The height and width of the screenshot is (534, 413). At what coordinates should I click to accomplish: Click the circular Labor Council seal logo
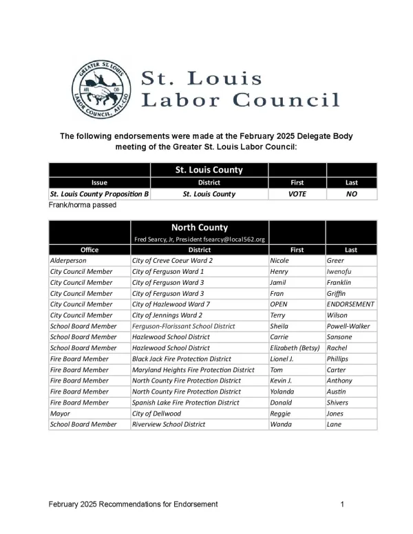tap(102, 89)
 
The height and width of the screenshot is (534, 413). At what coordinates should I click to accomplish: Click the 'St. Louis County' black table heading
tap(209, 169)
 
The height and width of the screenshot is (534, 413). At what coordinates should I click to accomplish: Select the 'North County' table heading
tap(199, 227)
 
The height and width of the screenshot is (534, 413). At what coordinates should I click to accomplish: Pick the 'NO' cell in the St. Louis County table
tap(352, 194)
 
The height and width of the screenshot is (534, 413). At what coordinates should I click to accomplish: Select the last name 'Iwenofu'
tap(342, 272)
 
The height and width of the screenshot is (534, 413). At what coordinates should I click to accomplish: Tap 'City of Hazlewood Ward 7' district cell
tap(171, 304)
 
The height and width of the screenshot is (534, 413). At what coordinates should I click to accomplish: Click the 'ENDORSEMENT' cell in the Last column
tap(351, 304)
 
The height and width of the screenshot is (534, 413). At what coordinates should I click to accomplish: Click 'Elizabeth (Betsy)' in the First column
tap(296, 348)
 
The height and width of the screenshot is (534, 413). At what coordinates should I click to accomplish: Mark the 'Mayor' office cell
tap(61, 414)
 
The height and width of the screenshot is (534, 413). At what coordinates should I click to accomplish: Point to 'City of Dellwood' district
tap(157, 414)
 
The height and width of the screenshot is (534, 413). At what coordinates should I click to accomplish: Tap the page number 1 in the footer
tap(343, 505)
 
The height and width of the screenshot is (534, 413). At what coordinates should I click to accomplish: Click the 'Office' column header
tap(89, 250)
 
